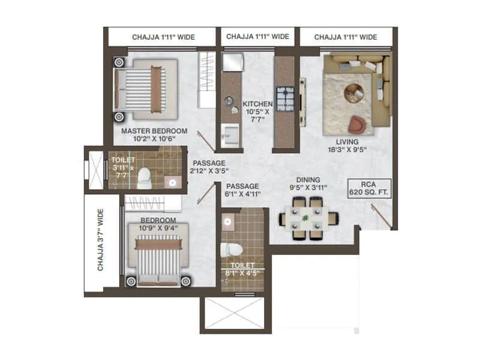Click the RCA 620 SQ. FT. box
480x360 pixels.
[370, 189]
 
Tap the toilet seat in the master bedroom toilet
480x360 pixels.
[143, 176]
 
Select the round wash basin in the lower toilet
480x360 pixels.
[227, 223]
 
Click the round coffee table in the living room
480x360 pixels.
[353, 91]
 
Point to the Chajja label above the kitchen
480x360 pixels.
[257, 37]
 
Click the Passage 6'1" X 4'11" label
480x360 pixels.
[243, 190]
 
